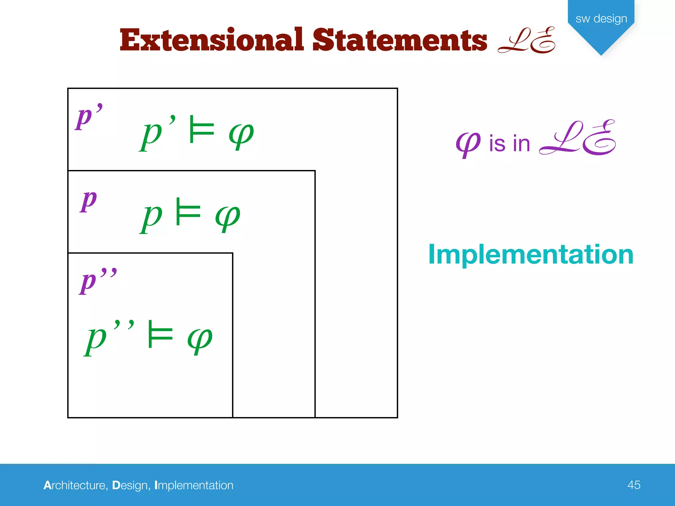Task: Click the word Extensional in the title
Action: [x=211, y=40]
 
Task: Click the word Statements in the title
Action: [x=399, y=40]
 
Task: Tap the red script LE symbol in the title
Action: [x=526, y=40]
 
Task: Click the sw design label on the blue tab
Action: [x=601, y=18]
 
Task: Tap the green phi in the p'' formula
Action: [x=200, y=339]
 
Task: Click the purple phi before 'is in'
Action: [x=468, y=144]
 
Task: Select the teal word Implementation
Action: [x=531, y=254]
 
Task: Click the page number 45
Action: [x=633, y=485]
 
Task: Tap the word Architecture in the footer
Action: [x=74, y=485]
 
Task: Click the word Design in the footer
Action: [x=130, y=485]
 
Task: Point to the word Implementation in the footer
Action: [x=194, y=485]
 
